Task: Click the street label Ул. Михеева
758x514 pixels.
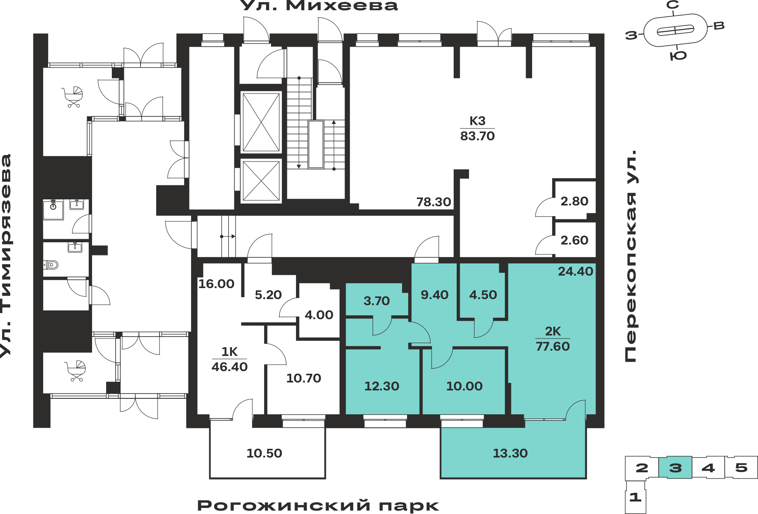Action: pyautogui.click(x=319, y=5)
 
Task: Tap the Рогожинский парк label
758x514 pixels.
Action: pyautogui.click(x=318, y=506)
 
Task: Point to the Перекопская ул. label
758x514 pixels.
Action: pyautogui.click(x=630, y=256)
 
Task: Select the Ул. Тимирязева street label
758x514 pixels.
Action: pyautogui.click(x=6, y=256)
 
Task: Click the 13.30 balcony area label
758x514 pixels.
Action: pyautogui.click(x=510, y=453)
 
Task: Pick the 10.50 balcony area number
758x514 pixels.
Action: pyautogui.click(x=264, y=453)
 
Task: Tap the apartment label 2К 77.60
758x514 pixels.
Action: pyautogui.click(x=553, y=338)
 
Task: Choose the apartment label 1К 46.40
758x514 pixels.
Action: pyautogui.click(x=229, y=359)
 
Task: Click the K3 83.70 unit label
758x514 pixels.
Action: pyautogui.click(x=477, y=128)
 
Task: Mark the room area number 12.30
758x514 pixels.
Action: pyautogui.click(x=382, y=386)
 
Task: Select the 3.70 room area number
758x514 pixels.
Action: pyautogui.click(x=376, y=301)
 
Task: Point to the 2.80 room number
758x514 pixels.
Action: pyautogui.click(x=574, y=201)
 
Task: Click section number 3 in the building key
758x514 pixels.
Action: pyautogui.click(x=675, y=468)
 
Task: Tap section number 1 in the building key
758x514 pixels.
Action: pyautogui.click(x=635, y=497)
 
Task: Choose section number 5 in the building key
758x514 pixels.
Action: pyautogui.click(x=741, y=467)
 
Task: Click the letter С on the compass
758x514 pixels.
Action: pyautogui.click(x=673, y=5)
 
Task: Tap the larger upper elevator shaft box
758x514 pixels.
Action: pyautogui.click(x=261, y=122)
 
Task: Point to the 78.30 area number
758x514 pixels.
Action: pyautogui.click(x=434, y=202)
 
